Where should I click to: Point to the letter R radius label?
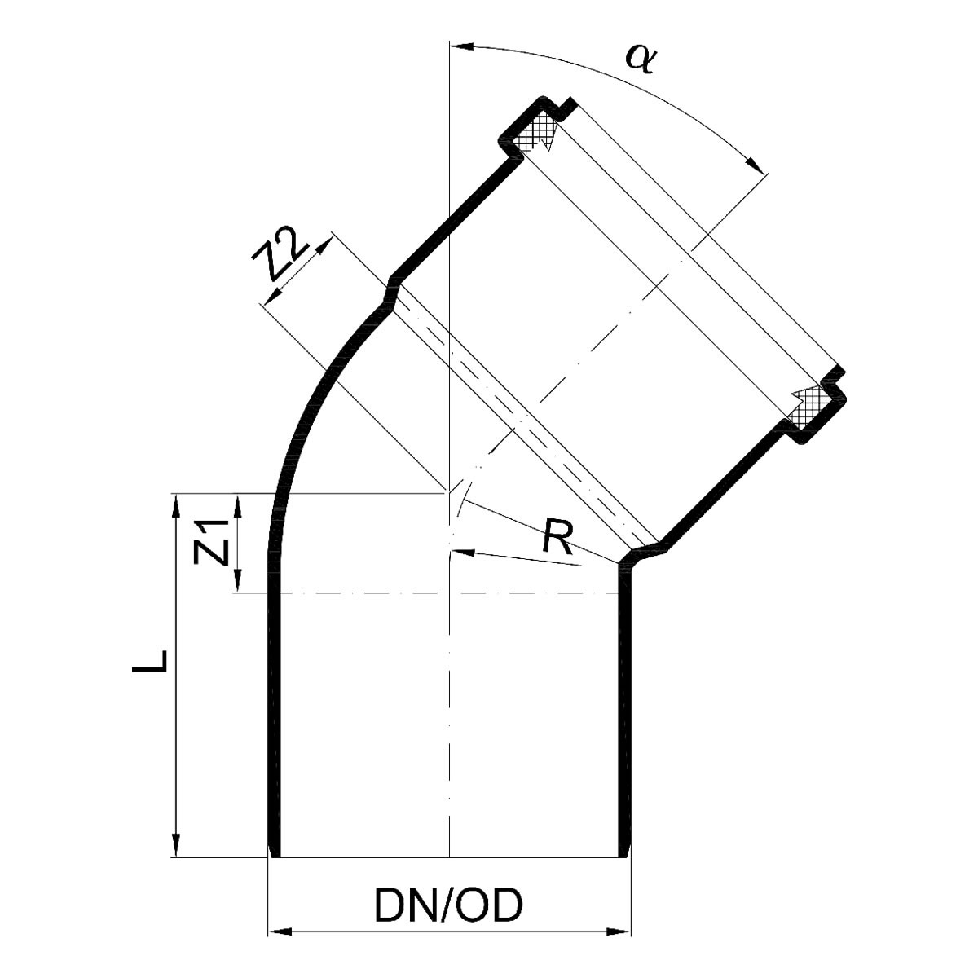click(557, 536)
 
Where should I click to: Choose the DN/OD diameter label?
click(448, 905)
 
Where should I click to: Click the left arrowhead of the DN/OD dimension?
click(280, 946)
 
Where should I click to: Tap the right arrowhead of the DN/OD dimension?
click(618, 946)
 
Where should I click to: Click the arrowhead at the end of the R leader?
click(462, 552)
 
